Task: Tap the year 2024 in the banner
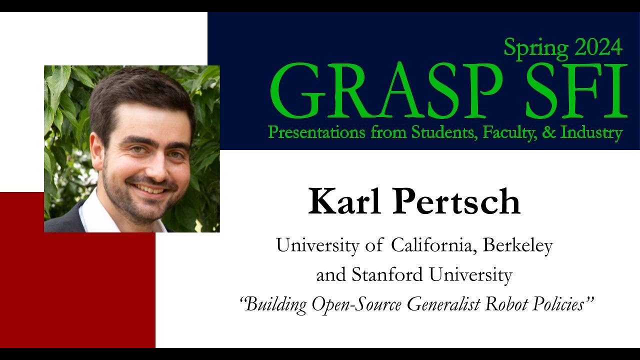pos(598,47)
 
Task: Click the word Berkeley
pos(517,245)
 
